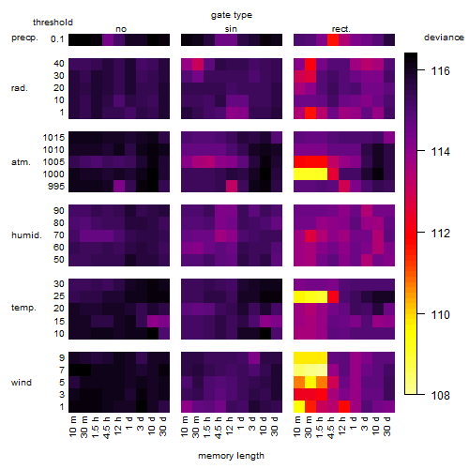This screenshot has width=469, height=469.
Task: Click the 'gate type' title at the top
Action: [232, 15]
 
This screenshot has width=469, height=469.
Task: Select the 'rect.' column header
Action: [341, 29]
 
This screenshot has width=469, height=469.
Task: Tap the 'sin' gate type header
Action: [231, 29]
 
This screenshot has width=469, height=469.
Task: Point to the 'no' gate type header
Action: [121, 29]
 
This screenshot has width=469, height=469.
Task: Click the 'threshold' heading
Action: [53, 23]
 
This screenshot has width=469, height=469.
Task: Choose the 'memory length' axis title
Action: [231, 456]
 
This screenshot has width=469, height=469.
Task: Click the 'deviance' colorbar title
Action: [444, 38]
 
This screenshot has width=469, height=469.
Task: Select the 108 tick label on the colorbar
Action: [440, 395]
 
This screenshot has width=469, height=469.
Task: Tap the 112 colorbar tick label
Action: [440, 234]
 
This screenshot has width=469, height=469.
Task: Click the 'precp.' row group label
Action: [24, 38]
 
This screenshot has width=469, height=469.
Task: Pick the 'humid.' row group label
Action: [26, 235]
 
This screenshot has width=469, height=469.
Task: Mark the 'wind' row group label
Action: [22, 383]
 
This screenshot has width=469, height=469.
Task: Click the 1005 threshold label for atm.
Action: [53, 162]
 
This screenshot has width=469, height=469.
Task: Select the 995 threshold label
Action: [56, 187]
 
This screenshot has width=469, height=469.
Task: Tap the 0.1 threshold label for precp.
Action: [57, 39]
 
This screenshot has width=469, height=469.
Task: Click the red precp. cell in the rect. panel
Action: [333, 39]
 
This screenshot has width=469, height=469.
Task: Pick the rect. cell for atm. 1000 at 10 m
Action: [299, 174]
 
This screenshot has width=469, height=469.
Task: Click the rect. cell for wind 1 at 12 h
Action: [344, 407]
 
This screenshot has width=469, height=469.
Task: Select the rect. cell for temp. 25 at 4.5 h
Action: [333, 296]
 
